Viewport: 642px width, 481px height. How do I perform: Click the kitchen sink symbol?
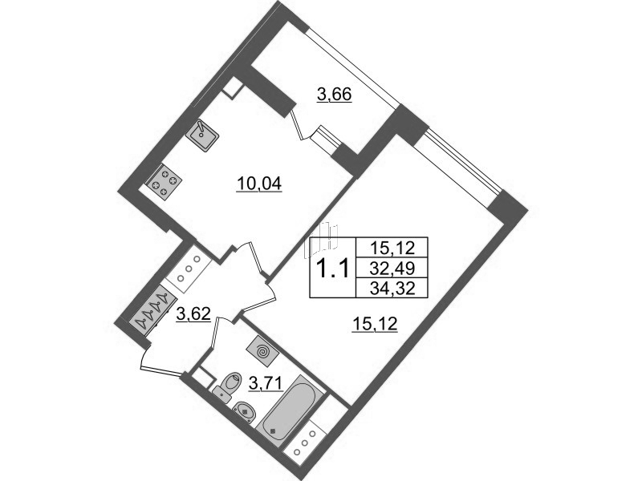pos(202,134)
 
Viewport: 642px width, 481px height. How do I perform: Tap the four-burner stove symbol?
pos(165,181)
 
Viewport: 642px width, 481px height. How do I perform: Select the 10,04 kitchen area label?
pos(258,184)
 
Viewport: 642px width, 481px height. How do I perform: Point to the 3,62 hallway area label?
pos(193,314)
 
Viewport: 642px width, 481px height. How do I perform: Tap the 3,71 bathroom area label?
pos(266,384)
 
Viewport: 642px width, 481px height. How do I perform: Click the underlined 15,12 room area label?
pos(375,325)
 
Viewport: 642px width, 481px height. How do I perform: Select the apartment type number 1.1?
pos(333,269)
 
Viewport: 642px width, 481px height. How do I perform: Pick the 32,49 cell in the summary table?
pos(392,269)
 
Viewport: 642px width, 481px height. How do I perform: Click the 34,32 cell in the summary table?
pos(392,289)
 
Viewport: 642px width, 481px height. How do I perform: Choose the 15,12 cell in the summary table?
pos(392,248)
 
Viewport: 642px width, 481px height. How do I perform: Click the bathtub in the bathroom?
pos(290,408)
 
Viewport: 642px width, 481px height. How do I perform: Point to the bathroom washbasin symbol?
pos(246,411)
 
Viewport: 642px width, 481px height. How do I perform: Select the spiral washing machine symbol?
pos(263,351)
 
